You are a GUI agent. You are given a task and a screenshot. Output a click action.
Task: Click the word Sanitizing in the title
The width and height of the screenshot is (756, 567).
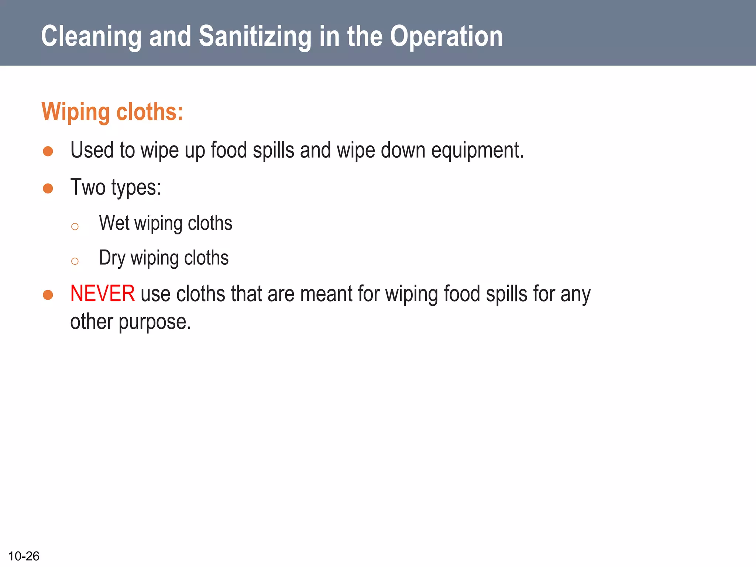coord(255,37)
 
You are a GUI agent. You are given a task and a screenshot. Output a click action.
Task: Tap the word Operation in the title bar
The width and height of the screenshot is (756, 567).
coord(446,37)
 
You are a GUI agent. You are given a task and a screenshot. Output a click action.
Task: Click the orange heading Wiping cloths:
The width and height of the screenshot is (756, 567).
coord(112,112)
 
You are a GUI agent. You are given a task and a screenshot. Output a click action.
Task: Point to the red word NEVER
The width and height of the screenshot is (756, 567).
coord(102,294)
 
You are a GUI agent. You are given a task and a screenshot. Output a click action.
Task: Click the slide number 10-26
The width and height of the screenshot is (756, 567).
coord(24,556)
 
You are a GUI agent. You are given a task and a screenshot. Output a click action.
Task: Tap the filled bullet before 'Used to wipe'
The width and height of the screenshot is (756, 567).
coord(48,151)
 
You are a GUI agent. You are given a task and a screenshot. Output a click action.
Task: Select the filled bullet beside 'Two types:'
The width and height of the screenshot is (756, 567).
coord(48,189)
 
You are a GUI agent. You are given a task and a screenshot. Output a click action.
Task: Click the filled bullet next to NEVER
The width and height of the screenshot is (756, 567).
coord(48,295)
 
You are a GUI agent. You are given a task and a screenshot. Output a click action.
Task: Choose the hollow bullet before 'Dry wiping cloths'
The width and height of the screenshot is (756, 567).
coord(75,261)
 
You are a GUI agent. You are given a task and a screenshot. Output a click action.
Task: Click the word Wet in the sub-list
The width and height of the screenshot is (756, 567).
coord(114,223)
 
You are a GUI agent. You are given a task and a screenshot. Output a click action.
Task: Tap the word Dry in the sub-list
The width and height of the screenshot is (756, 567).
coord(112,258)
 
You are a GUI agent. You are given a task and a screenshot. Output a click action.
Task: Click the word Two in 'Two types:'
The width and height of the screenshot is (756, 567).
coord(88,187)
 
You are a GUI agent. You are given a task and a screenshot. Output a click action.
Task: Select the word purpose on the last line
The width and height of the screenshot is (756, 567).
coord(155,322)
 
